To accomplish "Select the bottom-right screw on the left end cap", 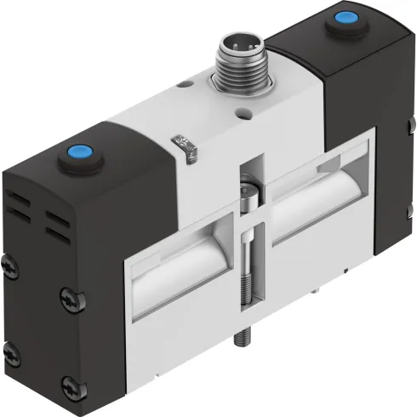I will [67, 374].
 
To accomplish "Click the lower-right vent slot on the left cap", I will [59, 234].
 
